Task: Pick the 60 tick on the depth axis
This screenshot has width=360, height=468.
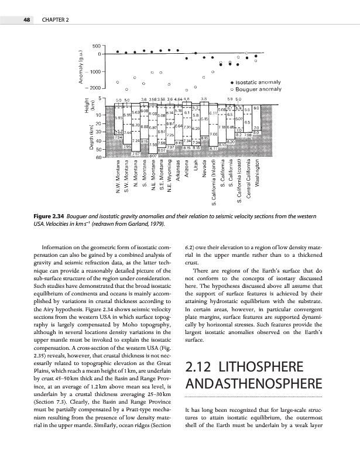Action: (100, 157)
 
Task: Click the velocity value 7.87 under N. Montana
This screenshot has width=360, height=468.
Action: (135, 153)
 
